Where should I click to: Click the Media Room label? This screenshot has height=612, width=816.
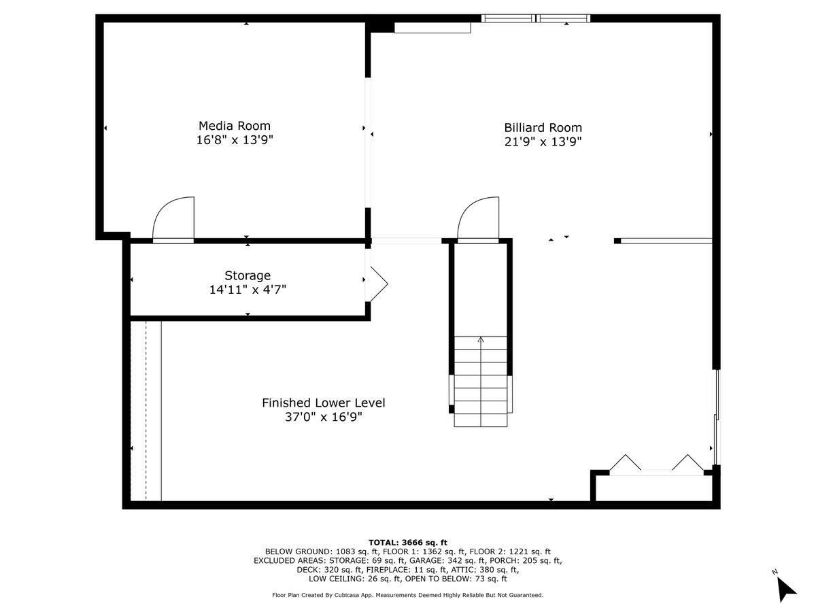pos(234,126)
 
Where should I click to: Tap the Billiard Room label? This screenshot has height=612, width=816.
pos(543,127)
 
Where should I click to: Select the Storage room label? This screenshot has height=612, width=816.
pos(248,275)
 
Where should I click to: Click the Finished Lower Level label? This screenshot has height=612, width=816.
pos(323,403)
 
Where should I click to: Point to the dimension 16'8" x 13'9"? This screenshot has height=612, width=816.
pos(234,140)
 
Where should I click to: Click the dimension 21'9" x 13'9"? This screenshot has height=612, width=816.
pos(543,142)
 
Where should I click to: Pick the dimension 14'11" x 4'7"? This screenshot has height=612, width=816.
pos(248,290)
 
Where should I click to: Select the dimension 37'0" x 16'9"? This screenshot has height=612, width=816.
pos(323,417)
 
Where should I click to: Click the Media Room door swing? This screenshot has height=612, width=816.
pos(174,219)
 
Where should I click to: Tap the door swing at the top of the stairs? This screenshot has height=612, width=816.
pos(479,219)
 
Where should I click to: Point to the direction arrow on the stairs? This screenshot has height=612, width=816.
pos(481,340)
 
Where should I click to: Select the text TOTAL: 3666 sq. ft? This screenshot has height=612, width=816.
pos(407,542)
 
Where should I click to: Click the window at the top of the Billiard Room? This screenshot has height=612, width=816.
pos(535,18)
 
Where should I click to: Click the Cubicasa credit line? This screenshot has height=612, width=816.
pos(407,595)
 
